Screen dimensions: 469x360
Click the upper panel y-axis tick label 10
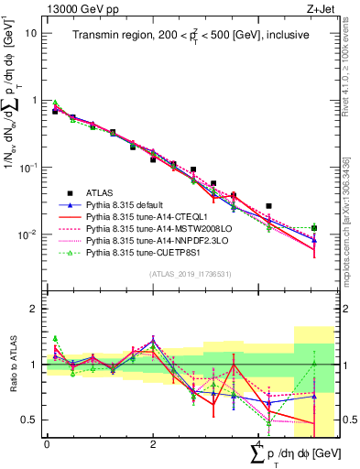[x=30, y=33]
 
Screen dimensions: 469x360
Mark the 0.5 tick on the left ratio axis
[x=27, y=420]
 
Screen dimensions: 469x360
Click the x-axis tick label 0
[x=47, y=444]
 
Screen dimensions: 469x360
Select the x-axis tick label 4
[x=258, y=444]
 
